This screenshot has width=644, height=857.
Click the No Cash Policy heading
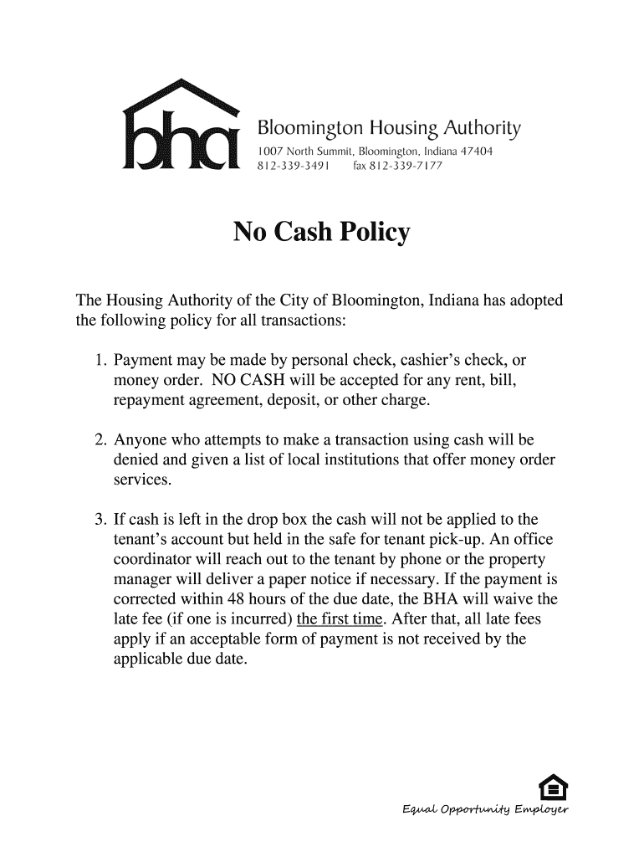pos(322,232)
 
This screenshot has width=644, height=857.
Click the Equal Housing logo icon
pos(552,788)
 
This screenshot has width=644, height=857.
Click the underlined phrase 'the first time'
pos(333,619)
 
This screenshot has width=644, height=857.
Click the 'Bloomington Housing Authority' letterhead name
pos(388,129)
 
